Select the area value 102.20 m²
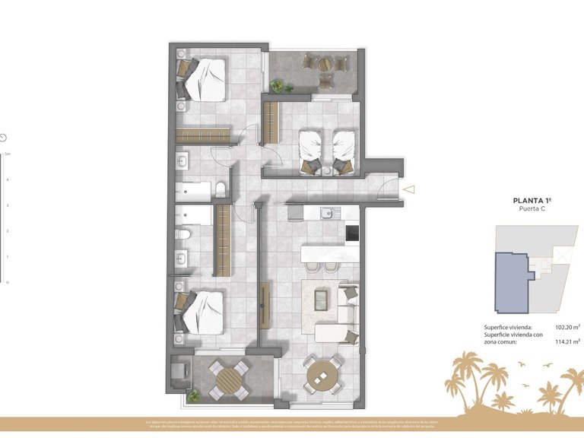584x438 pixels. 567,327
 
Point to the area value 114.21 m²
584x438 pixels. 567,341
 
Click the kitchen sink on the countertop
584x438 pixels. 328,213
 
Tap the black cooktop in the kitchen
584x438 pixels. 351,234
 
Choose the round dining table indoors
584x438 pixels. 322,374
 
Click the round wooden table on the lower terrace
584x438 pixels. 229,379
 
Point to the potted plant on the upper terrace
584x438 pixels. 278,85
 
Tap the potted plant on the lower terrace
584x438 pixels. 195,395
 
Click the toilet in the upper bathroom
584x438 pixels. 220,189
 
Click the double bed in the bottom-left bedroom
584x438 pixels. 204,312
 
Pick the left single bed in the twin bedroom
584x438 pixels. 310,149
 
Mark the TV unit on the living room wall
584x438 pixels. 265,306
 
